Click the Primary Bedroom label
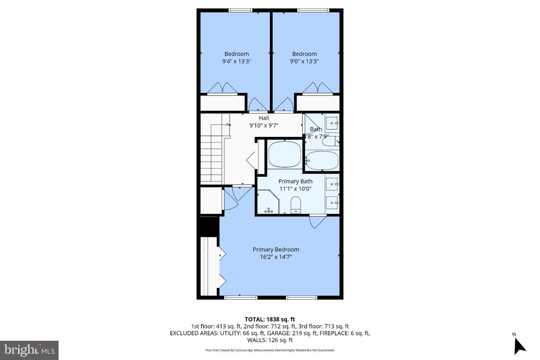(276, 249)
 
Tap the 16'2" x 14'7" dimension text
(276, 257)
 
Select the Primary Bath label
(295, 181)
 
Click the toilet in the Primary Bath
(296, 205)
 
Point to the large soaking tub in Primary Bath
(285, 154)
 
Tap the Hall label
(264, 118)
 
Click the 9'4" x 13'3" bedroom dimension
(236, 61)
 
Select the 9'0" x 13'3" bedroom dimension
(304, 61)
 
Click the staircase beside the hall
(211, 157)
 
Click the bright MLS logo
(29, 350)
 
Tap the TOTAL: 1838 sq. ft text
(270, 319)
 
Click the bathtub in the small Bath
(322, 160)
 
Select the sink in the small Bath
(332, 123)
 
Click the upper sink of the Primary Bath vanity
(332, 184)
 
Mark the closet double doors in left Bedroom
(222, 88)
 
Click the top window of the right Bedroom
(313, 10)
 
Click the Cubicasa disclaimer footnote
(270, 350)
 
